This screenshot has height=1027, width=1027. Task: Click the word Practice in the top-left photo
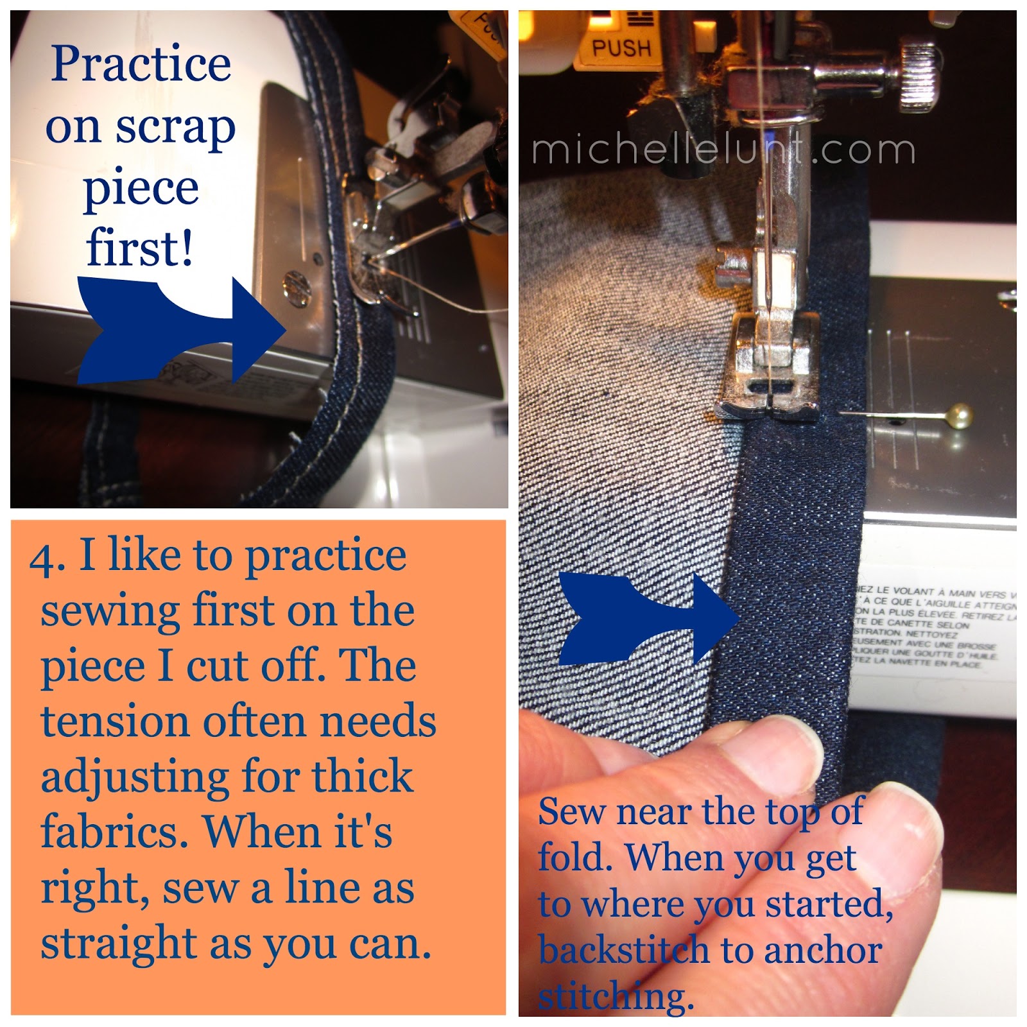pyautogui.click(x=141, y=65)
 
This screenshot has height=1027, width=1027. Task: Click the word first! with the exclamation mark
pyautogui.click(x=139, y=248)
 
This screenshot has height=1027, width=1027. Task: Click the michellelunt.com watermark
pyautogui.click(x=723, y=150)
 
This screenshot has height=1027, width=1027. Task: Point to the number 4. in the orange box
pyautogui.click(x=47, y=557)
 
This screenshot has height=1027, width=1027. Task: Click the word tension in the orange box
pyautogui.click(x=116, y=721)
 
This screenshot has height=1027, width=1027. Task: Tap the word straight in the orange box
pyautogui.click(x=118, y=944)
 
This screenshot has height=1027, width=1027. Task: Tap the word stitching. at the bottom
pyautogui.click(x=616, y=996)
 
